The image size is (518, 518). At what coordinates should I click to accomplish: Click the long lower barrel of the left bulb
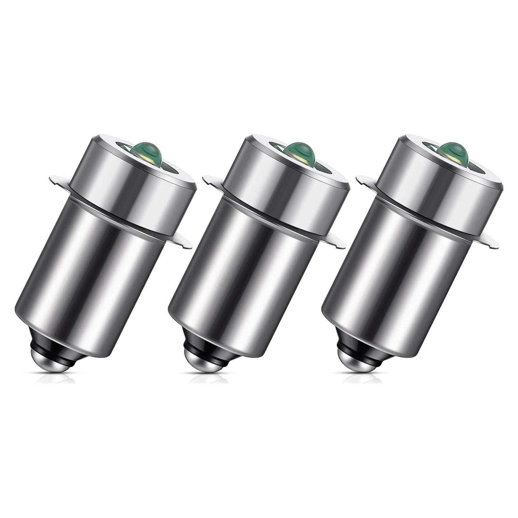coord(98,287)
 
